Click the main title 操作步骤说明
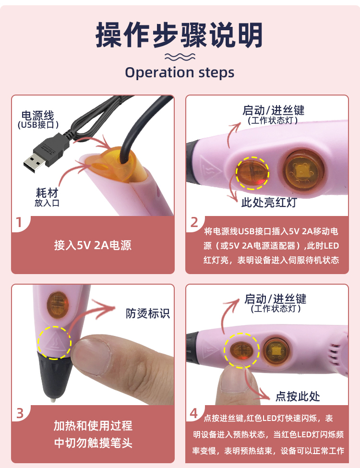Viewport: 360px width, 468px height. (x=179, y=35)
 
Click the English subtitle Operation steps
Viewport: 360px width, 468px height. (x=180, y=72)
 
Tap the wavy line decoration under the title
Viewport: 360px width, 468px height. (x=180, y=57)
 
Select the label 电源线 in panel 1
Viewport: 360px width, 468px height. (x=37, y=116)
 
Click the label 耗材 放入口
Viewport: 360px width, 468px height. (x=47, y=197)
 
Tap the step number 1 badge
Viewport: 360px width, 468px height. (x=19, y=222)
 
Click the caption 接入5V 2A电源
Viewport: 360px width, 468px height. (x=93, y=245)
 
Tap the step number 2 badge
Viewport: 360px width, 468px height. (x=194, y=222)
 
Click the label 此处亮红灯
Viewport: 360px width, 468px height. (x=269, y=203)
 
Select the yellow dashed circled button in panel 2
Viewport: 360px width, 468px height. (x=252, y=173)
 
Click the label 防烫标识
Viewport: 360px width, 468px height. (x=147, y=313)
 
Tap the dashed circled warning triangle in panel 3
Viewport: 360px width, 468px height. (x=54, y=342)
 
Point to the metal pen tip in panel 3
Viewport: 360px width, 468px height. (x=53, y=399)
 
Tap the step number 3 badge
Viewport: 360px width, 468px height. (x=20, y=413)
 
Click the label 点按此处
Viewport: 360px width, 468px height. (x=298, y=396)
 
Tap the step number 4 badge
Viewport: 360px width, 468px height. (x=194, y=413)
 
